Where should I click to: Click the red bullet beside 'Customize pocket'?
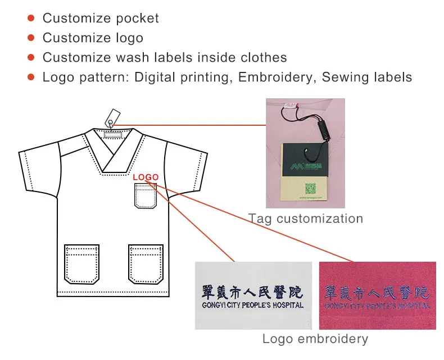tap(31, 19)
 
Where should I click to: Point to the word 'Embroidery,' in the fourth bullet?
tap(277, 77)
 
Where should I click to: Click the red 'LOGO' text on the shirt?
tap(146, 177)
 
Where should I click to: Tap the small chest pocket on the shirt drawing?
tap(146, 195)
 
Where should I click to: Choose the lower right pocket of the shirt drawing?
tap(146, 265)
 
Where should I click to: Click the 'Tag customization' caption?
tap(306, 218)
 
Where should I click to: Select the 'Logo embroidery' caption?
tap(315, 339)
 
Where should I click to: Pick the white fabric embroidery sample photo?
tap(253, 295)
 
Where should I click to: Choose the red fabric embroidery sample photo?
tap(377, 295)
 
